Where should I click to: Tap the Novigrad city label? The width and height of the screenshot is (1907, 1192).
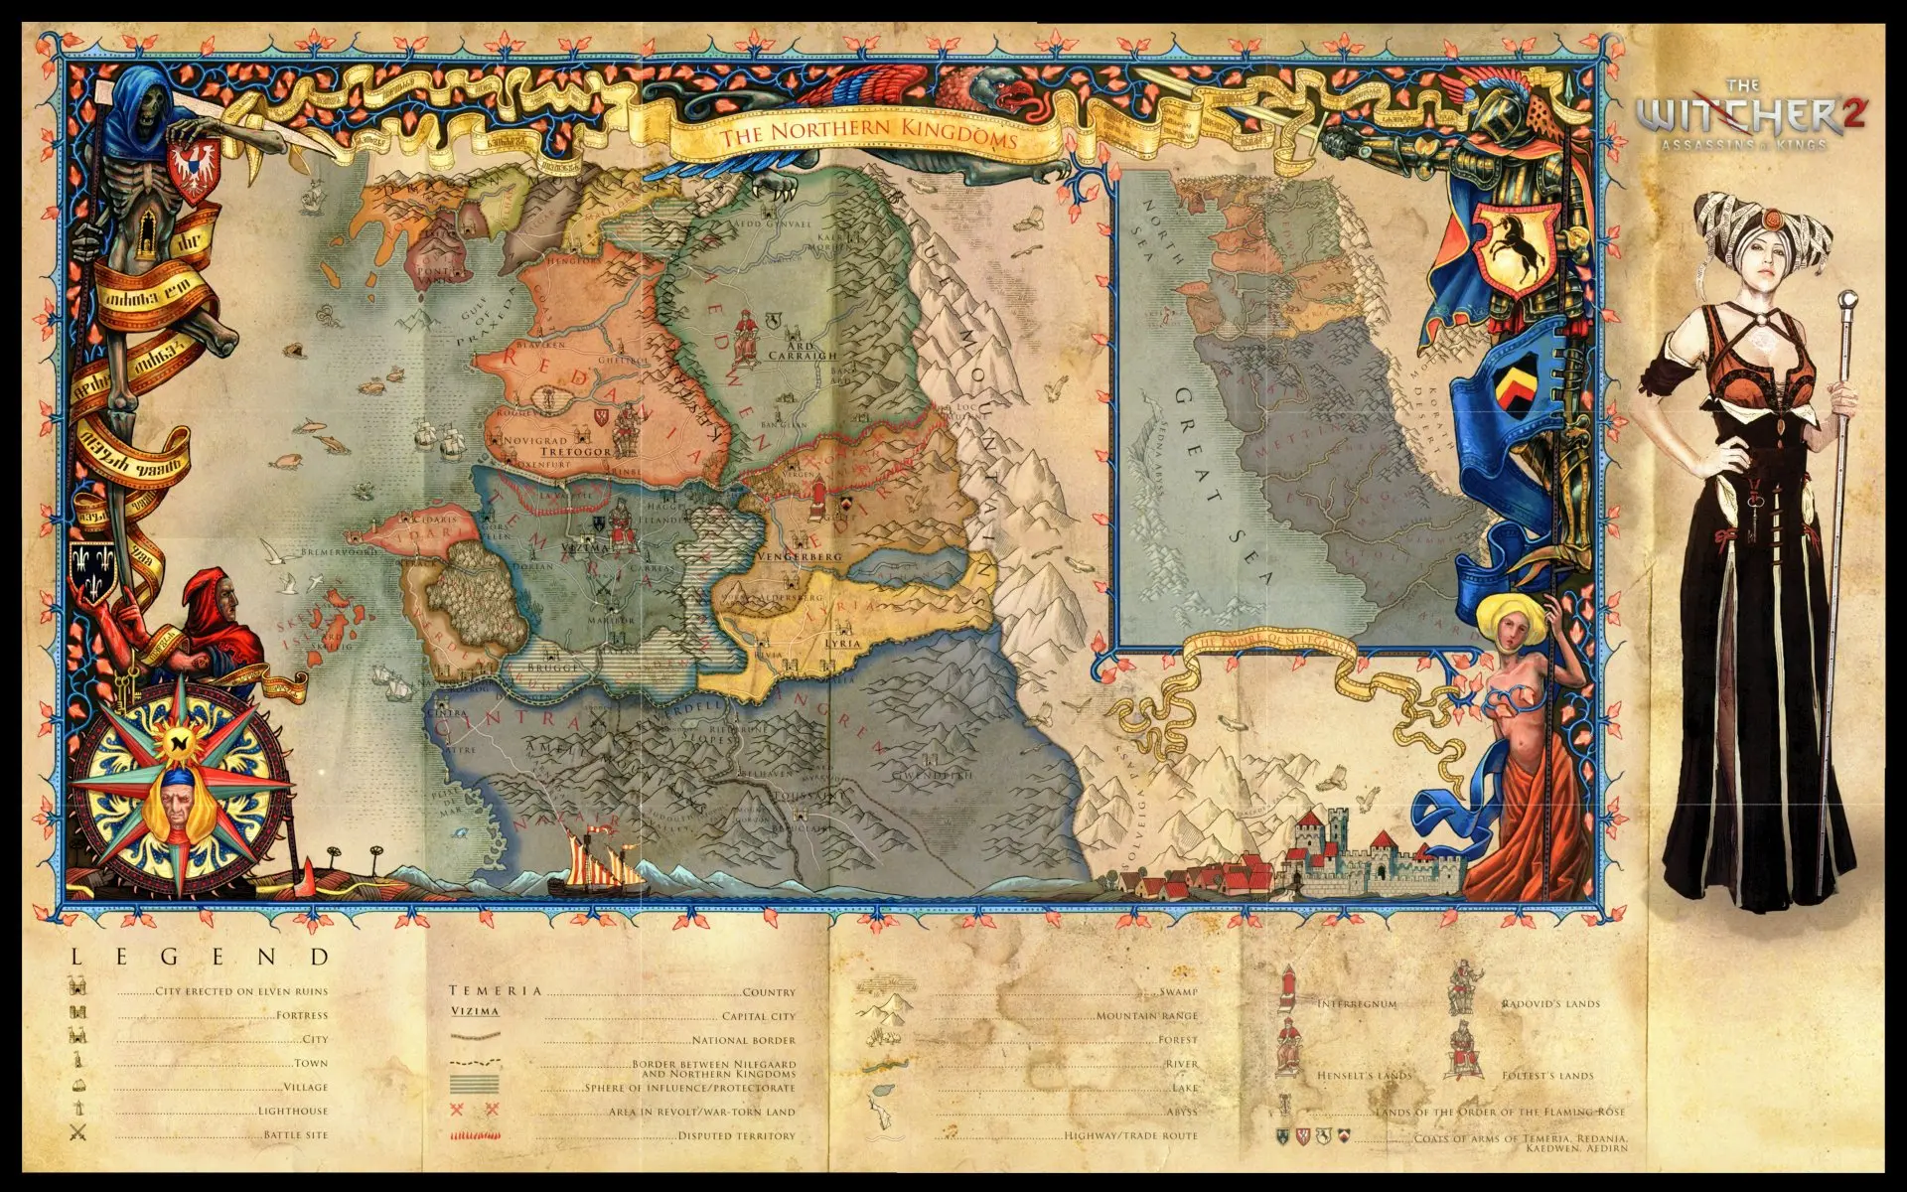[540, 440]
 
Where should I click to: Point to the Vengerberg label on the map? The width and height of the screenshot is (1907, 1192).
[799, 557]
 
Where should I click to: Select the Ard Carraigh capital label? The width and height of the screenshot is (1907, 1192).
[803, 349]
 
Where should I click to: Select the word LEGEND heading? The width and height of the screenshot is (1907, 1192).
[199, 958]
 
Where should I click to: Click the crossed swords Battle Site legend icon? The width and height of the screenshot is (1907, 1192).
[78, 1133]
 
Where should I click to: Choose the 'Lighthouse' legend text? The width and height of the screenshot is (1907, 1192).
[292, 1111]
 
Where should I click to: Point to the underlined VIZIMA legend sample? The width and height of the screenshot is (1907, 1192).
[475, 1011]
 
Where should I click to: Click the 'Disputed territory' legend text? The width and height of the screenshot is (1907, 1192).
[736, 1135]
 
